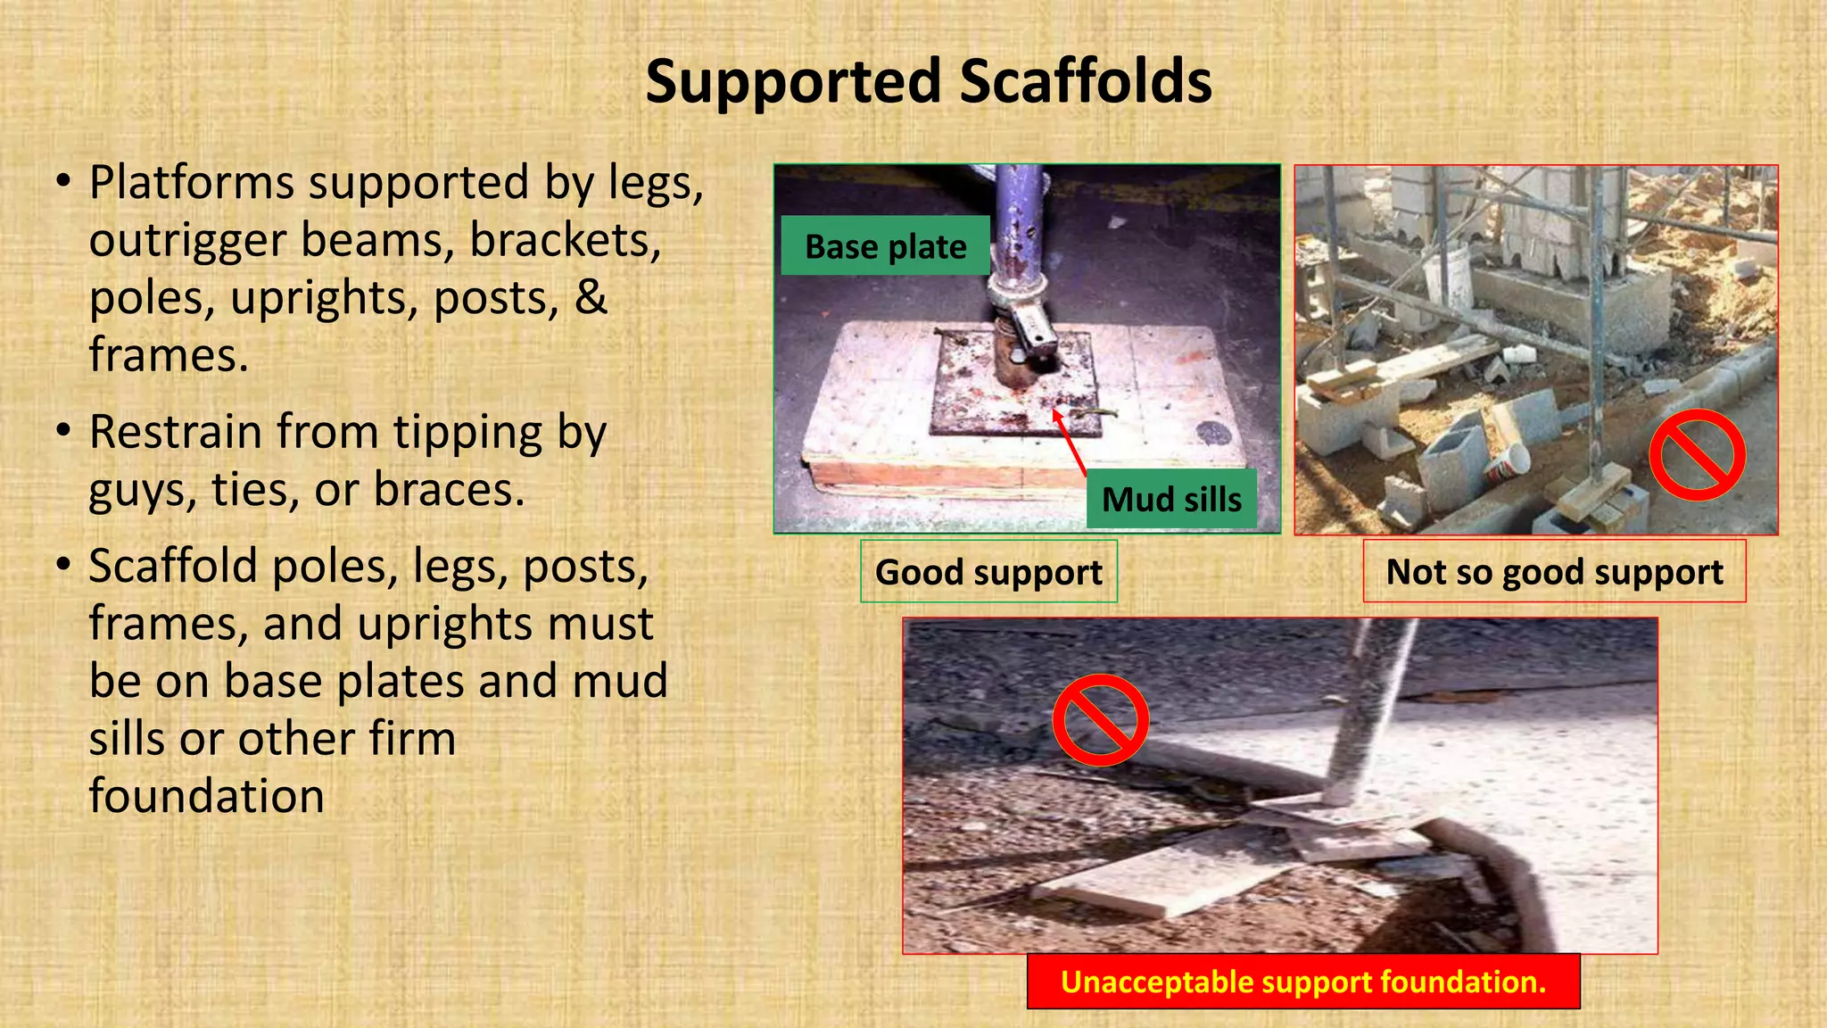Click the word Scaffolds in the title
pos(1085,82)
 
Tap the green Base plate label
pos(885,246)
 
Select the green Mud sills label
pos(1171,499)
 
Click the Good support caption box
pos(988,572)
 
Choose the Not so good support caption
pos(1554,572)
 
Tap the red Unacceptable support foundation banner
pos(1302,982)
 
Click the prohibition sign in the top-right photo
pos(1697,455)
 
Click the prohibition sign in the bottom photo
pos(1100,719)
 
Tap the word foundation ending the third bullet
pos(207,796)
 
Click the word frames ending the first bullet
pos(168,355)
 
